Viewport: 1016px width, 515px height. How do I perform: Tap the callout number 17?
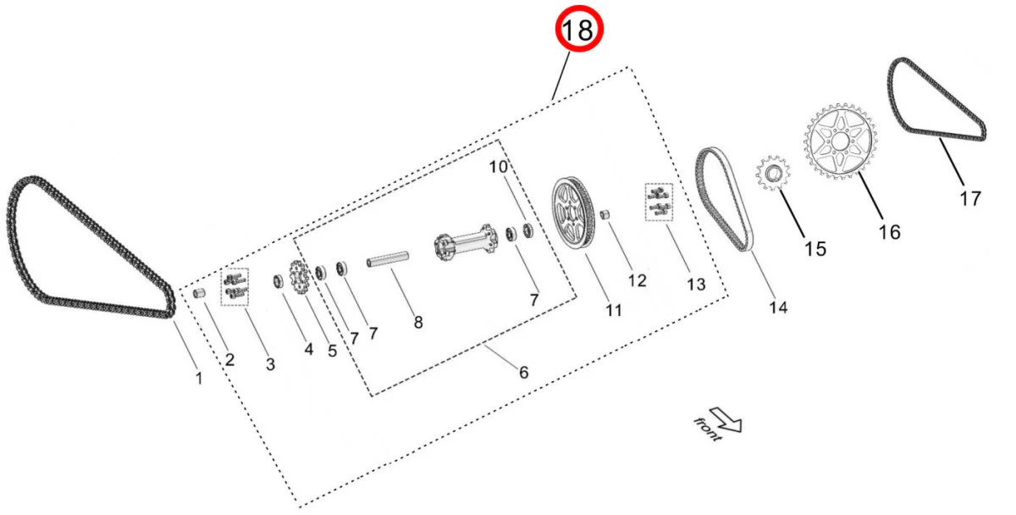970,198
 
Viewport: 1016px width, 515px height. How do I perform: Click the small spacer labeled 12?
606,214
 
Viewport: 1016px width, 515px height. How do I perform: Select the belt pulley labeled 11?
571,213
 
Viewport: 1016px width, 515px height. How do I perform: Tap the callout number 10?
498,167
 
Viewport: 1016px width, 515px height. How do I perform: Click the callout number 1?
199,378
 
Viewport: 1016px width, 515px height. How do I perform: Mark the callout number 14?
777,307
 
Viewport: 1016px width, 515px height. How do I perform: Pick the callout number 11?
613,310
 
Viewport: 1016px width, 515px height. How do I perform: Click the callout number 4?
308,347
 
